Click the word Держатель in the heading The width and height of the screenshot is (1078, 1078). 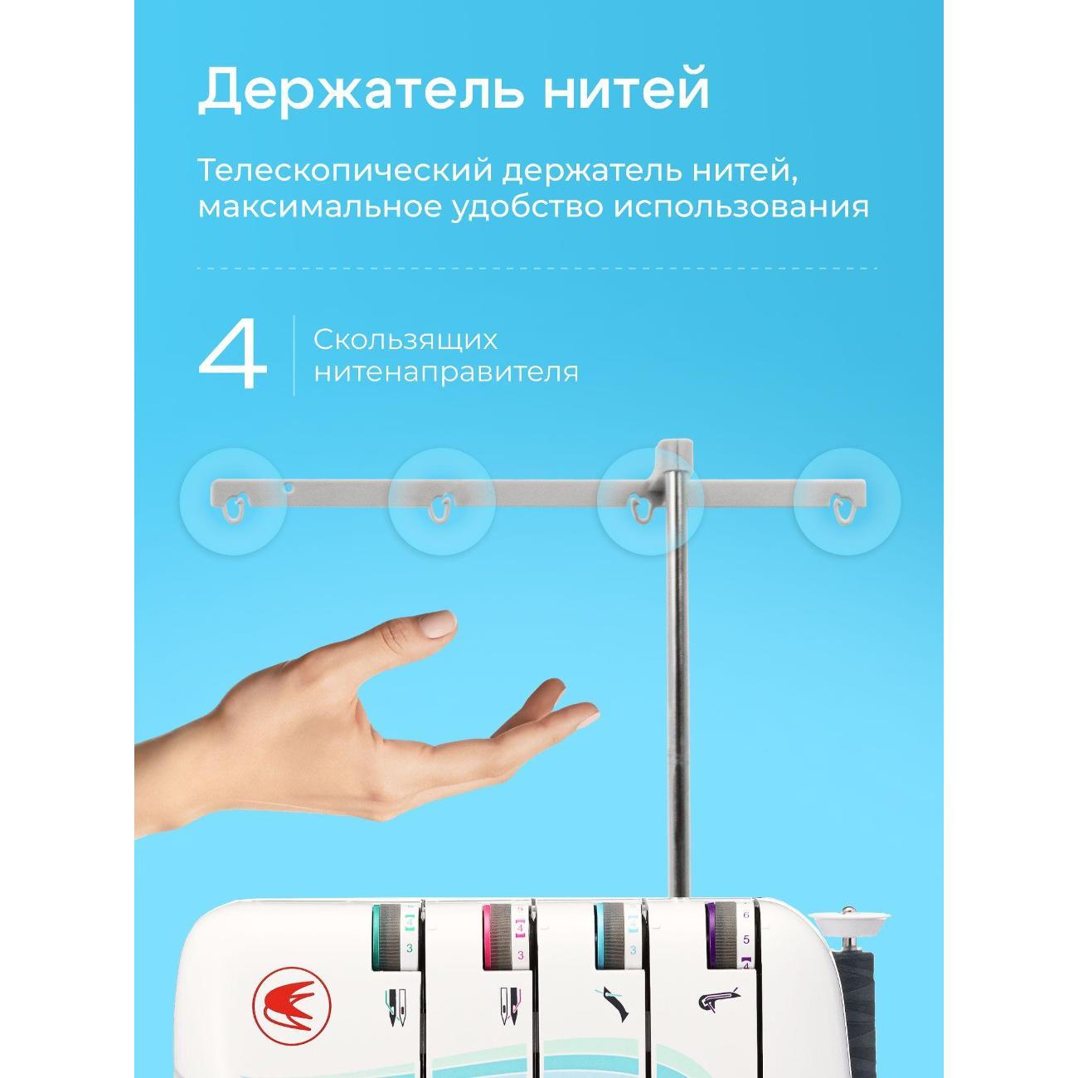click(x=361, y=90)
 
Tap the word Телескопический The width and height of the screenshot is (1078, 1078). click(x=345, y=171)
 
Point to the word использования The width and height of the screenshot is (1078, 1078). click(x=741, y=207)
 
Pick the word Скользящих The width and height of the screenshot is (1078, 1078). click(x=405, y=340)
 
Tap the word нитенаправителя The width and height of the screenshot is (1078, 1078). click(x=446, y=372)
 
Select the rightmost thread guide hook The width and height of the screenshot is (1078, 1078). click(x=842, y=507)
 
